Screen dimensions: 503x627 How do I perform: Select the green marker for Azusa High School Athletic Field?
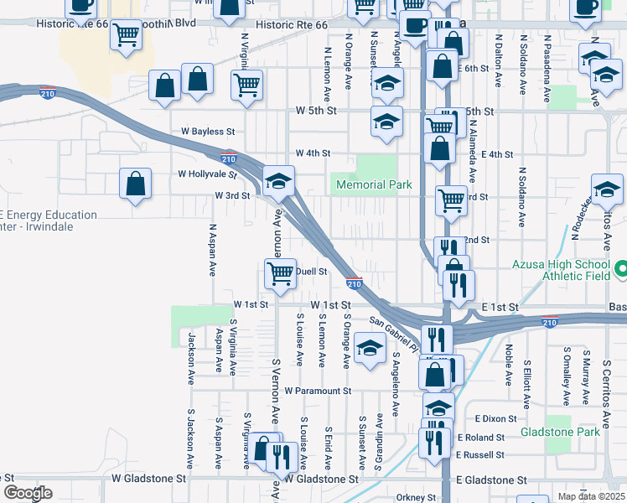[619, 270]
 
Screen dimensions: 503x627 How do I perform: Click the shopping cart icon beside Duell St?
[280, 272]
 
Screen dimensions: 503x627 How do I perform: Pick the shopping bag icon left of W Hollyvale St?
[135, 183]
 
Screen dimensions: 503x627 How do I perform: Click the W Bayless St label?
[208, 132]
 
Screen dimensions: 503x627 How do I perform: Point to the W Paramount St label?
[317, 391]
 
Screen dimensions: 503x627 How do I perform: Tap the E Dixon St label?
[490, 417]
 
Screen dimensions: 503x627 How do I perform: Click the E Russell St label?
[481, 455]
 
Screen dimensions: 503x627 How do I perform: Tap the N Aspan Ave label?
[213, 250]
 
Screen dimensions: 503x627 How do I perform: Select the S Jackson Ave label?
[191, 438]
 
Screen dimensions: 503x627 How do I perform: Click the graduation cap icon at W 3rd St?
[278, 179]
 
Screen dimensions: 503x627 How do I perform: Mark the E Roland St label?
[481, 437]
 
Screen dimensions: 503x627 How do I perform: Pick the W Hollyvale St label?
[208, 174]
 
